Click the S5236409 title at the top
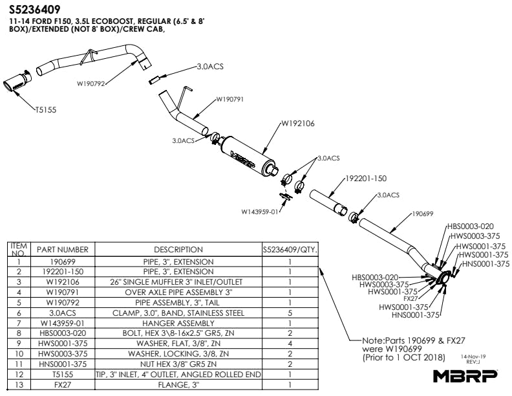(36, 10)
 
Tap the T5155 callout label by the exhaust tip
(46, 110)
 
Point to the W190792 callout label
(91, 83)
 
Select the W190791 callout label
(229, 99)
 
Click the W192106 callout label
(297, 123)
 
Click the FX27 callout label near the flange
(410, 298)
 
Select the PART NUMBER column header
(62, 249)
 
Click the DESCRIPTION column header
(178, 249)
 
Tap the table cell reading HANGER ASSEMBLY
(178, 322)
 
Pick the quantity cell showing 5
(290, 313)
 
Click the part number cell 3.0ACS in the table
(62, 313)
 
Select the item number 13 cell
(19, 385)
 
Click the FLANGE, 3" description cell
(178, 385)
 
